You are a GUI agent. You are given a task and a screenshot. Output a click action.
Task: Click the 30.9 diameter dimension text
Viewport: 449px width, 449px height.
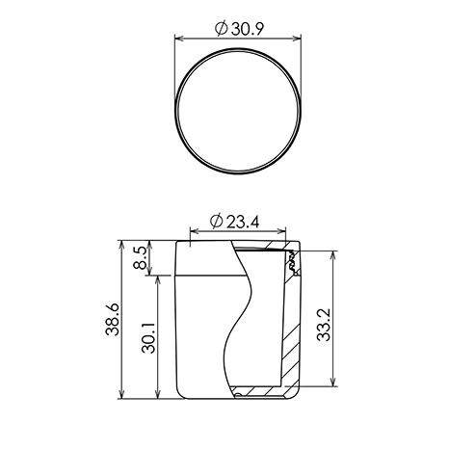coord(248,29)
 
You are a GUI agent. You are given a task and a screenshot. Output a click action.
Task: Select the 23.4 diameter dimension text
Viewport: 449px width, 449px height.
coord(243,222)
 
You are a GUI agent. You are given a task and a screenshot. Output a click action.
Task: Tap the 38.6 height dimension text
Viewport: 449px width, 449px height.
coord(113,320)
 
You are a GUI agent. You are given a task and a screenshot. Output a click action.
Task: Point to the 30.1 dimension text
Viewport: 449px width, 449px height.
coord(148,338)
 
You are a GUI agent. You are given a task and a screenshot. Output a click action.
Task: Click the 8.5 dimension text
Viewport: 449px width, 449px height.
coord(141,257)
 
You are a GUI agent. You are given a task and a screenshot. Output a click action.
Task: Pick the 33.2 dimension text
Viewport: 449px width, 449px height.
coord(324,325)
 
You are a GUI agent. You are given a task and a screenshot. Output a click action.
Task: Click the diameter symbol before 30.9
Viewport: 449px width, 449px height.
coord(222,29)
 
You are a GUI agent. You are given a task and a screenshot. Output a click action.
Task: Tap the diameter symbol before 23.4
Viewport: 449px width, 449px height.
coord(217,222)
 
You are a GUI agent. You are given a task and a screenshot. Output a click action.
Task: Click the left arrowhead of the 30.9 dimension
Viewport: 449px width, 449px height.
coord(180,39)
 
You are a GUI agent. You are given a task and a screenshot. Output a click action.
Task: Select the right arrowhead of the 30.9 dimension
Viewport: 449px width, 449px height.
coord(296,39)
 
